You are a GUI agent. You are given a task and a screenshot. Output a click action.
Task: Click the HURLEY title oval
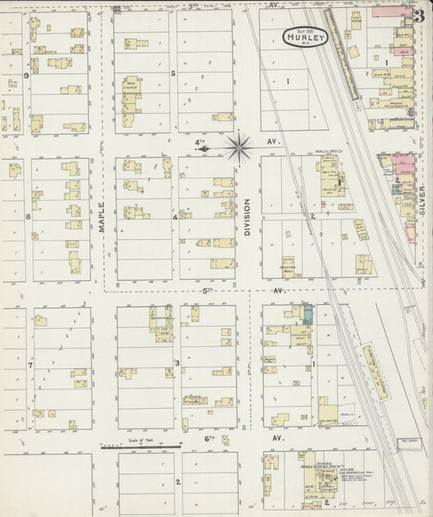pos(305,37)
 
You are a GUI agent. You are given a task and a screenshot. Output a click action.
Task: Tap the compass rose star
pos(239,147)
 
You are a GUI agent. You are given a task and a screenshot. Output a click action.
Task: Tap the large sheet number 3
pos(418,15)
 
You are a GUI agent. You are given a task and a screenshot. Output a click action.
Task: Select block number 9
pos(27,76)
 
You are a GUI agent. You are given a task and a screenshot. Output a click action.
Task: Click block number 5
pos(173,74)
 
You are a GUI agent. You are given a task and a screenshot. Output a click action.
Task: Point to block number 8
pos(28,216)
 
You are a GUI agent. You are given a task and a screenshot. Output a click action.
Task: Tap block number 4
pos(175,217)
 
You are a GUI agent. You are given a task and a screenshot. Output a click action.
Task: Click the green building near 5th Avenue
pos(308,314)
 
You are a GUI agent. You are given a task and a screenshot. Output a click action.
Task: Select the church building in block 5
pos(129,90)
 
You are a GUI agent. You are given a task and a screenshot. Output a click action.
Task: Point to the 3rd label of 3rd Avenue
pos(193,5)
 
